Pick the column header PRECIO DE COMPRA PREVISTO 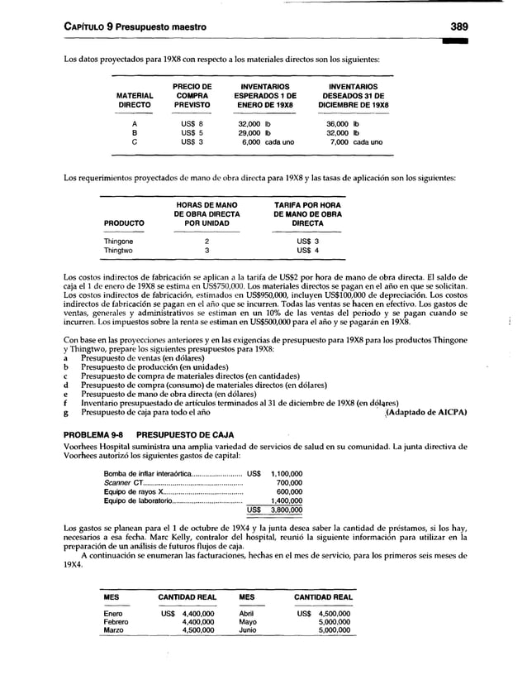point(192,96)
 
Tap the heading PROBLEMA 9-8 point(93,434)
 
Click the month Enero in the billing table point(112,613)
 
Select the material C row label point(134,141)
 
